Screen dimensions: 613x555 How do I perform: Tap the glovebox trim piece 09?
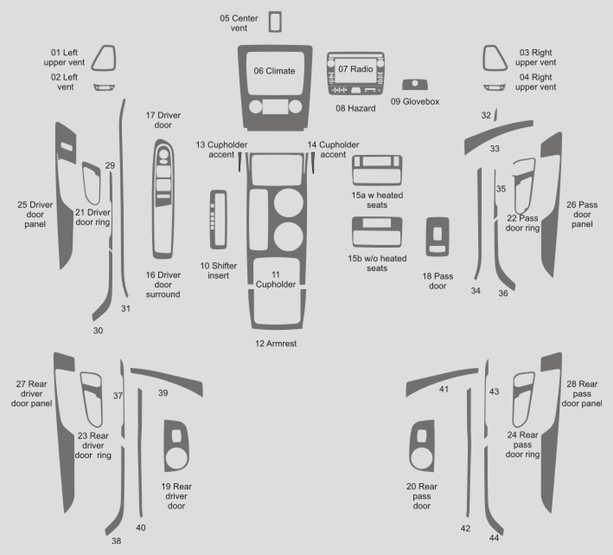(415, 84)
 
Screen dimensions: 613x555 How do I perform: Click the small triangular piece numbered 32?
(496, 115)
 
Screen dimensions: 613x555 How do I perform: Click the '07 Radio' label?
(356, 69)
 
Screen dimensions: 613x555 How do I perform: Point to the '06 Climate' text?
(274, 71)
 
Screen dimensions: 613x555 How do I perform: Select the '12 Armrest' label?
(276, 344)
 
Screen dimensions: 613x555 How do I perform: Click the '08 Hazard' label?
(356, 108)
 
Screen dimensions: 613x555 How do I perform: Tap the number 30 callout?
(98, 331)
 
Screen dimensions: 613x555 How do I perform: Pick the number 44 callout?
(494, 538)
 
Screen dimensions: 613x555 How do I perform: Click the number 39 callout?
(163, 393)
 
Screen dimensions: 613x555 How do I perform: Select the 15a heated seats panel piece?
(377, 170)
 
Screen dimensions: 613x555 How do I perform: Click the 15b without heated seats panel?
(377, 232)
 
